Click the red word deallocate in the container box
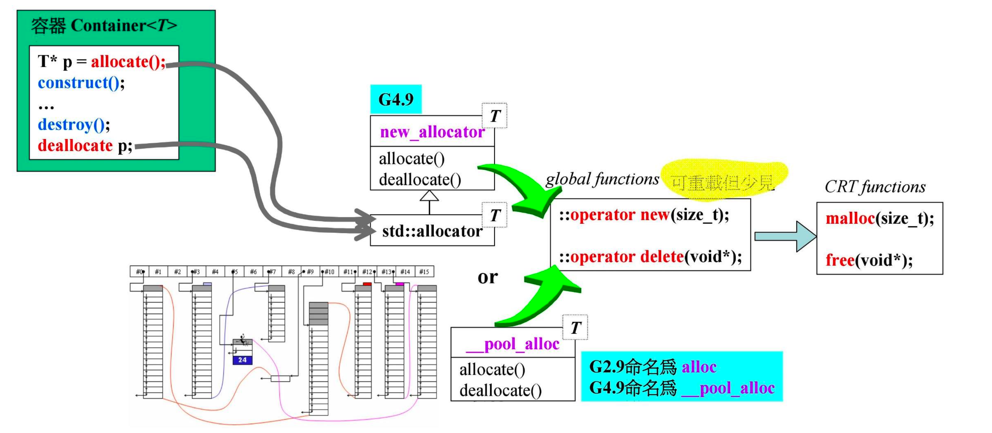point(75,146)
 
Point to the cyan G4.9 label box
point(396,99)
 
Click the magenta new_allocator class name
point(432,132)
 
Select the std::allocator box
point(432,231)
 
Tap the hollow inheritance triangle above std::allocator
point(429,196)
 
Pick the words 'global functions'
point(602,180)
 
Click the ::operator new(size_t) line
point(644,215)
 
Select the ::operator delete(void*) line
point(650,257)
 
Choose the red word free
point(840,261)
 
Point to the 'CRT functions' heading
point(875,187)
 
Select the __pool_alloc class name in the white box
point(512,344)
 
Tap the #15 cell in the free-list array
point(424,271)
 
